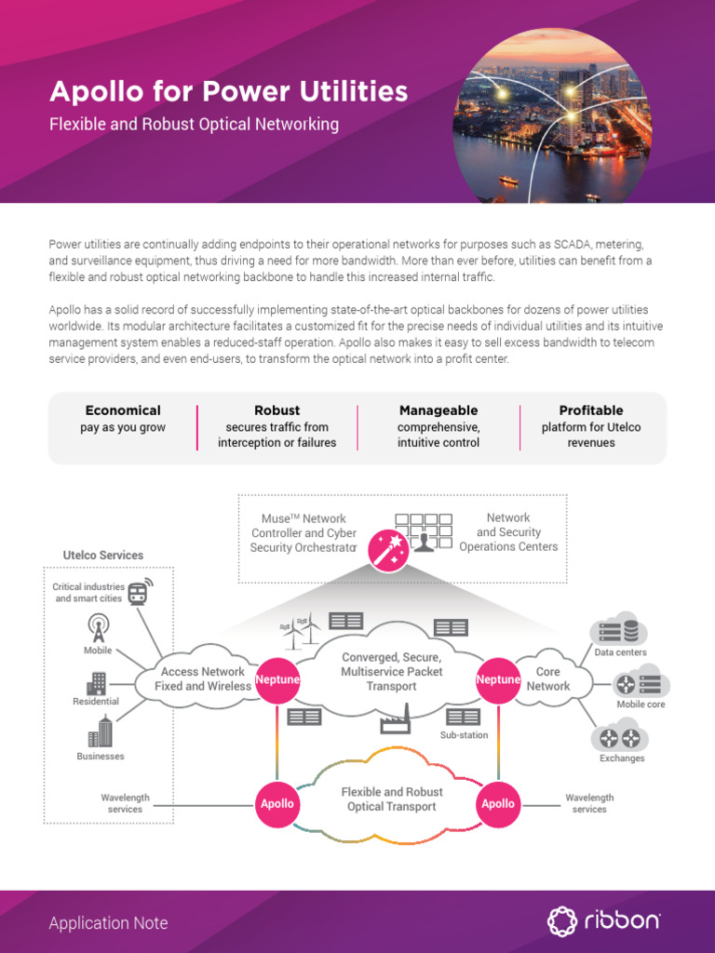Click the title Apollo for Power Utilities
tap(228, 91)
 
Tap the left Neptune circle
tap(277, 679)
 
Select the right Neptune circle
tap(497, 679)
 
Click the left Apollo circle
tap(277, 803)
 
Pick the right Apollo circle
tap(497, 803)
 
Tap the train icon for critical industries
tap(139, 592)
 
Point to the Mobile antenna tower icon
tap(97, 626)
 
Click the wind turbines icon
tap(301, 633)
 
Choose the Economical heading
tap(123, 410)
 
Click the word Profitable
tap(591, 410)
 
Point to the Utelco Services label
tap(103, 556)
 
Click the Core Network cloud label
tap(548, 678)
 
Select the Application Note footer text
tap(109, 923)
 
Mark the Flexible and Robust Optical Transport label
tap(391, 799)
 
